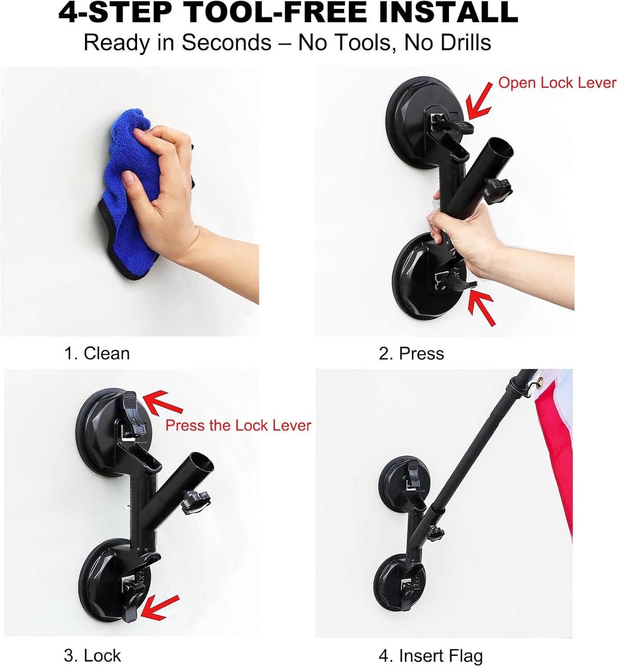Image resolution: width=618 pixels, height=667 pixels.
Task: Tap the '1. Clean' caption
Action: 97,354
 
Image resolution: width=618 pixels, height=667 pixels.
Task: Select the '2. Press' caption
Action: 411,354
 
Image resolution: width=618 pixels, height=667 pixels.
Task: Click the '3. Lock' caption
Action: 92,655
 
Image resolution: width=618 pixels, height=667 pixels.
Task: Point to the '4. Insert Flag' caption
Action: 430,655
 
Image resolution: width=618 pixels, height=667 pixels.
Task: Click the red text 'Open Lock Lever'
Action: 557,83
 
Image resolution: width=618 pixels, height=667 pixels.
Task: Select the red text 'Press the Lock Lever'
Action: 238,426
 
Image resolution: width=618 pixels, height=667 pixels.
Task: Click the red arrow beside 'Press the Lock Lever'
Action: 161,402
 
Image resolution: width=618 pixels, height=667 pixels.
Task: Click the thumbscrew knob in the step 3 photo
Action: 196,502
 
